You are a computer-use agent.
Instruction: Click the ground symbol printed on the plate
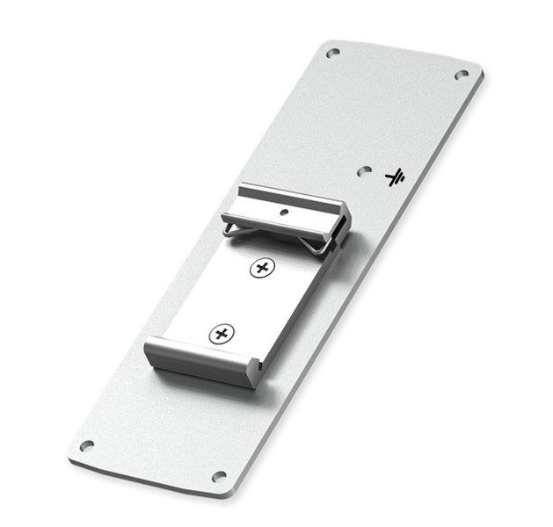[x=395, y=177]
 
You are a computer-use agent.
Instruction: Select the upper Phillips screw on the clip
[x=260, y=268]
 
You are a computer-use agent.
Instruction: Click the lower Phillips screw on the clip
[x=222, y=333]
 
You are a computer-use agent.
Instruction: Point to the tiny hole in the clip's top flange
[x=284, y=212]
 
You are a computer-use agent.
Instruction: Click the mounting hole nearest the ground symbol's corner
[x=462, y=75]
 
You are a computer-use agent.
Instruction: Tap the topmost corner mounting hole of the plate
[x=332, y=53]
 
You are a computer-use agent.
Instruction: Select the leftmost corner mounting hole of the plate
[x=86, y=446]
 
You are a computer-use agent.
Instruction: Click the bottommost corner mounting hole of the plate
[x=219, y=477]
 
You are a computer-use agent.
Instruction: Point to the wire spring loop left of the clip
[x=230, y=229]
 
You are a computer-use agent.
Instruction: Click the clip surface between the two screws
[x=242, y=300]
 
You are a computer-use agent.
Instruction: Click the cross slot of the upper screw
[x=260, y=268]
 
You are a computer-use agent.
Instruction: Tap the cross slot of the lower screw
[x=222, y=333]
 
